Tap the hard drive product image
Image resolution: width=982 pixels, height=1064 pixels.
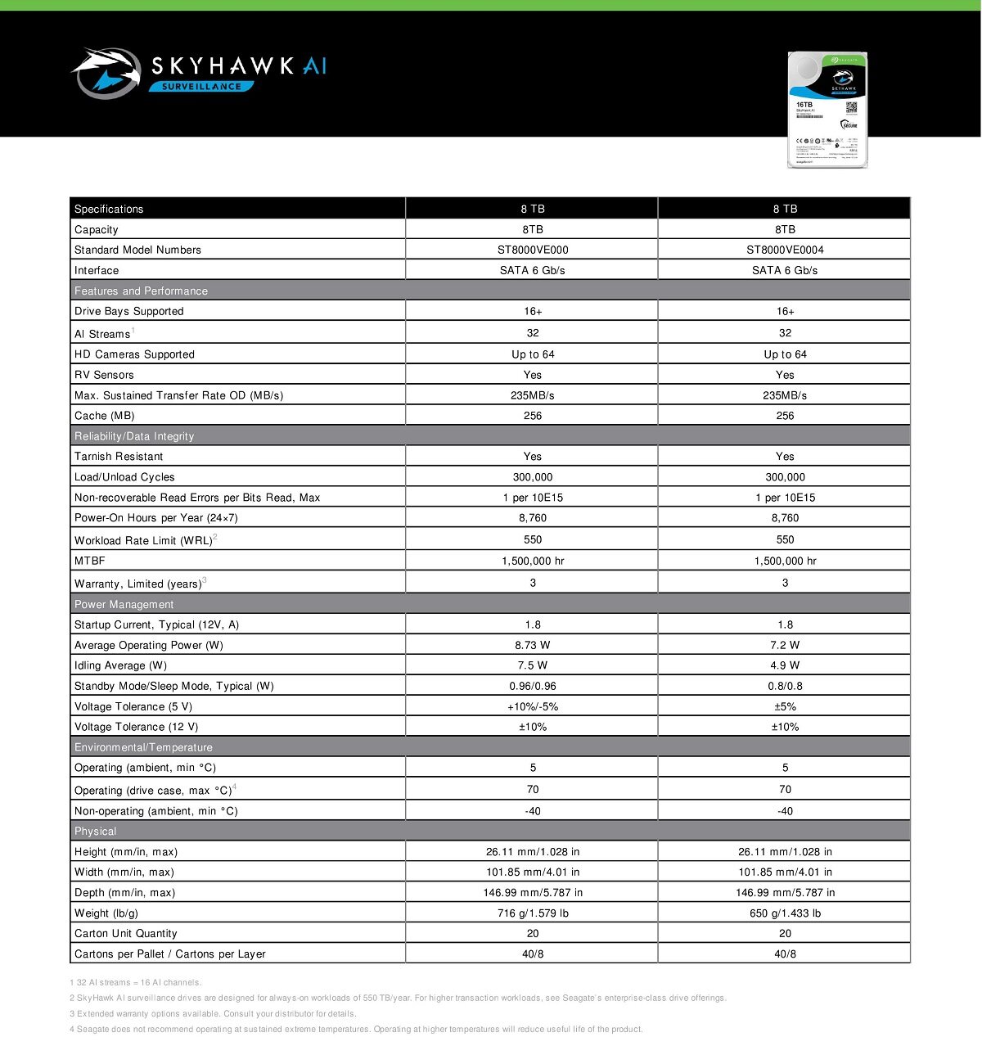(x=827, y=110)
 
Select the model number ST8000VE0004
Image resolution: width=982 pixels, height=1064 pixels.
(x=785, y=250)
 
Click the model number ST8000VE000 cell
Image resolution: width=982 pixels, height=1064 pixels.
(x=533, y=250)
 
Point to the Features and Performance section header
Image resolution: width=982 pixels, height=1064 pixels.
(x=141, y=291)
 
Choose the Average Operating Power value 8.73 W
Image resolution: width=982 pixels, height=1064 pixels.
(x=533, y=645)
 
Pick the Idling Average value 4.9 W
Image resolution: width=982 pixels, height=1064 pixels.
(x=785, y=665)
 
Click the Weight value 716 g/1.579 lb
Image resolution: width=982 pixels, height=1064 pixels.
(x=533, y=913)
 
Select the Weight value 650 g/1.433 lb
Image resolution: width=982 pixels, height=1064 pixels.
(x=785, y=913)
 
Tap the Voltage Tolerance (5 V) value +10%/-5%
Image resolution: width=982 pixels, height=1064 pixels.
(x=533, y=706)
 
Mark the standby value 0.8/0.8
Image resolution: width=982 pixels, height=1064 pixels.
(x=785, y=686)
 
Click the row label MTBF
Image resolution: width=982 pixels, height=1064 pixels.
(x=90, y=561)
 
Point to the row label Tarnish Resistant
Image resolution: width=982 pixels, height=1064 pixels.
(x=119, y=457)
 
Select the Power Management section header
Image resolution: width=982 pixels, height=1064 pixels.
(x=124, y=604)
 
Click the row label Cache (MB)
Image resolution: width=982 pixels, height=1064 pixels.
(x=105, y=416)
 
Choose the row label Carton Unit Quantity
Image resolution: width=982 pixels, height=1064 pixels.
(x=126, y=933)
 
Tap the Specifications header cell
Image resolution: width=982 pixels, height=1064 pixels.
(x=109, y=209)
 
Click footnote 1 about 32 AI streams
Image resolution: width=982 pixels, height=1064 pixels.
(x=136, y=982)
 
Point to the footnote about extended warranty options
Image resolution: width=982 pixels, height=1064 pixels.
(x=213, y=1013)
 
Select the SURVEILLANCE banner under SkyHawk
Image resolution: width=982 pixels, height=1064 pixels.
(x=201, y=86)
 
